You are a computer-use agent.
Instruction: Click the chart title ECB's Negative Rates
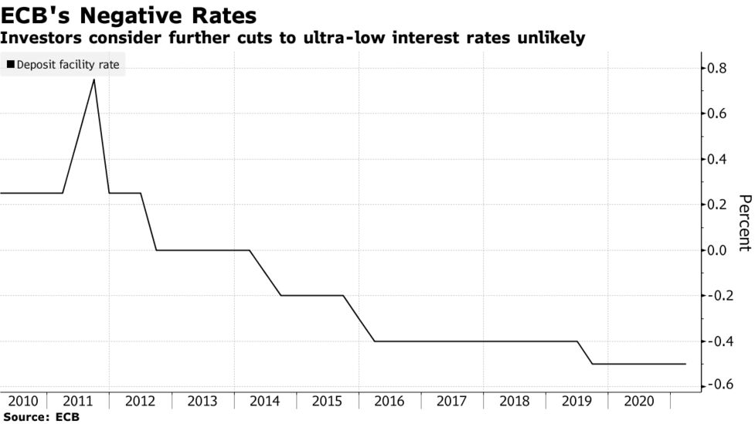tap(129, 15)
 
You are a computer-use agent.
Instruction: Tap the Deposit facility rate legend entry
tap(63, 65)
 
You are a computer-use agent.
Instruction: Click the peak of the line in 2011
tap(94, 79)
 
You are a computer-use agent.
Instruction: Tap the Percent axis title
tap(743, 222)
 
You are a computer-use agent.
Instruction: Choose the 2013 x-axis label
tap(202, 402)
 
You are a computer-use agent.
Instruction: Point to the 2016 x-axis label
tap(389, 402)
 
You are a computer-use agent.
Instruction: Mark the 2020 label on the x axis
tap(638, 402)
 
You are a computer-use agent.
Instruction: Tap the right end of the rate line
tap(685, 364)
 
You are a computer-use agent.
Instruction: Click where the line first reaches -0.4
tap(374, 341)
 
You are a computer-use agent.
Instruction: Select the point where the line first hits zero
tap(156, 250)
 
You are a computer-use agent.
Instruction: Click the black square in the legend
tap(10, 65)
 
